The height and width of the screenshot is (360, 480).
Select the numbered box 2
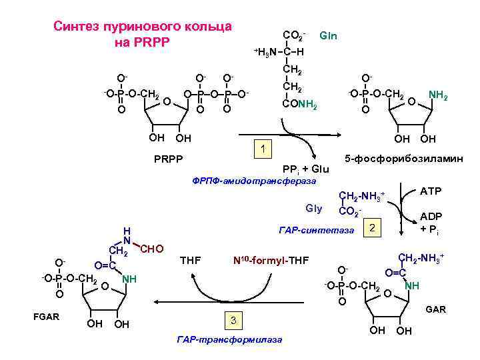coord(373,229)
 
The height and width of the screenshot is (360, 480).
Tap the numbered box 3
coord(233,321)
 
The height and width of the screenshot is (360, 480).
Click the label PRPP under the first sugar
coord(166,159)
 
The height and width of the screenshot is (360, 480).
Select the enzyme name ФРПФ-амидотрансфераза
coord(254,180)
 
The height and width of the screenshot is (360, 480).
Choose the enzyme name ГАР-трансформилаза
coord(229,340)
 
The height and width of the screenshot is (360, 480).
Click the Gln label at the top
coord(329,35)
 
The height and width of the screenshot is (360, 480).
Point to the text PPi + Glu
coord(306,169)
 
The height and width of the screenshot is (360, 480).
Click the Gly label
coord(314,208)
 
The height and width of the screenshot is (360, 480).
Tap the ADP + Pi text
coord(431,223)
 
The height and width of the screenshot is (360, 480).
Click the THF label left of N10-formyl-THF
coord(192,259)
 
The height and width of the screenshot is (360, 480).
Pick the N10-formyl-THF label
coord(270,259)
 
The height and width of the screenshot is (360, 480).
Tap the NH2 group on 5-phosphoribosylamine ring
coord(438,97)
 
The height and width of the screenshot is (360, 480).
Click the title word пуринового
coord(146,27)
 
